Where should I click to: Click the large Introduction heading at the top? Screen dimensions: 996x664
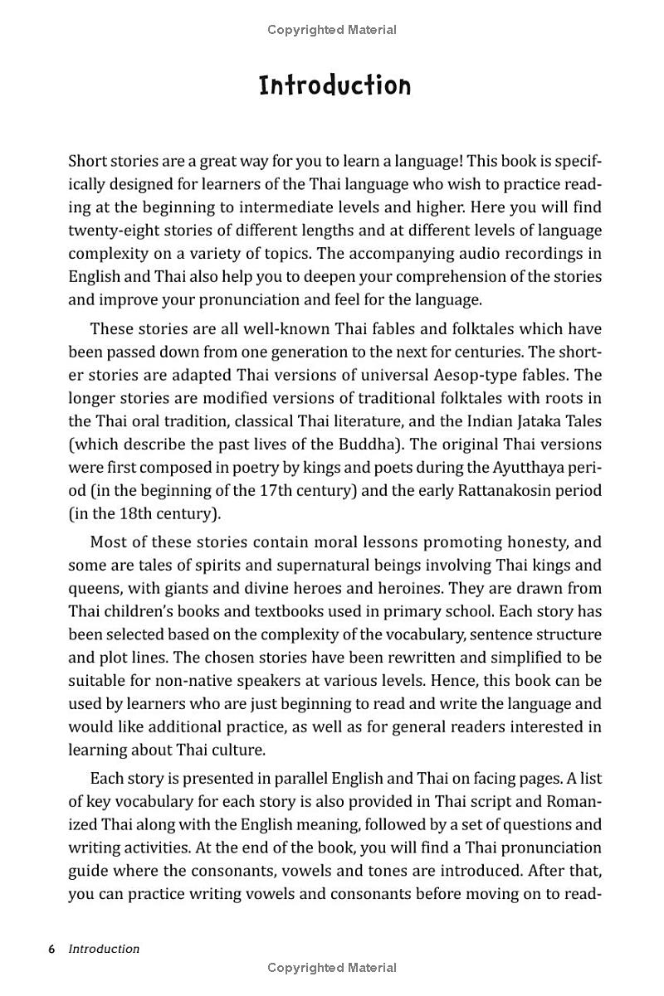pyautogui.click(x=334, y=85)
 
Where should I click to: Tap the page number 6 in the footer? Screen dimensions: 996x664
pyautogui.click(x=51, y=949)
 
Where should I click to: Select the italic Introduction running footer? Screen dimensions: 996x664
pyautogui.click(x=104, y=949)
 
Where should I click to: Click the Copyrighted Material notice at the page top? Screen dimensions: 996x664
pyautogui.click(x=332, y=30)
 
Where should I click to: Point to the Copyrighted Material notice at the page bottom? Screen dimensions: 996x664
pyautogui.click(x=332, y=968)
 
